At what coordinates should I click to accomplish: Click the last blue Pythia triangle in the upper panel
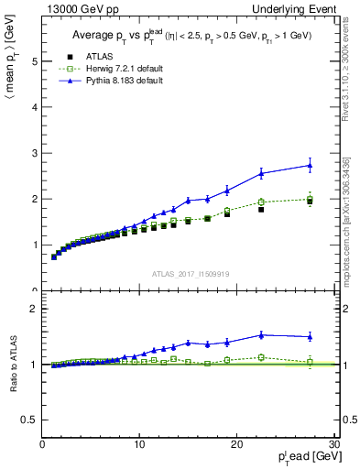pyautogui.click(x=310, y=165)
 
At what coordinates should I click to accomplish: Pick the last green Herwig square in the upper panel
pyautogui.click(x=310, y=199)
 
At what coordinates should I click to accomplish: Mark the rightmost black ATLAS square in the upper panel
pyautogui.click(x=310, y=202)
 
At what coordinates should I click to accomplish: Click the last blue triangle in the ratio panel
pyautogui.click(x=310, y=336)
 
